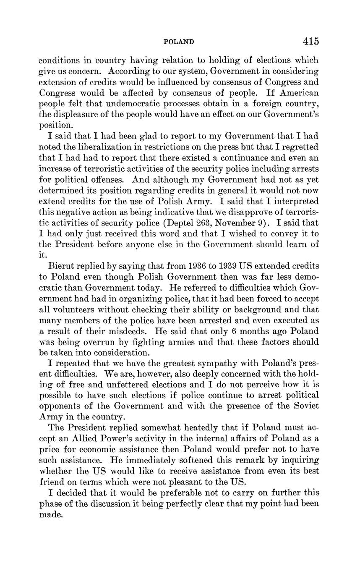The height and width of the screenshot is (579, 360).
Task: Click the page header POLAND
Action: [178, 42]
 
